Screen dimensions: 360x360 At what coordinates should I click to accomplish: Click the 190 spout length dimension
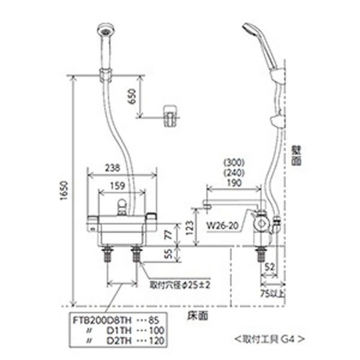click(x=234, y=183)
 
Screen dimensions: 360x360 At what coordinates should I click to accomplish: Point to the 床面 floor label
click(x=197, y=316)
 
